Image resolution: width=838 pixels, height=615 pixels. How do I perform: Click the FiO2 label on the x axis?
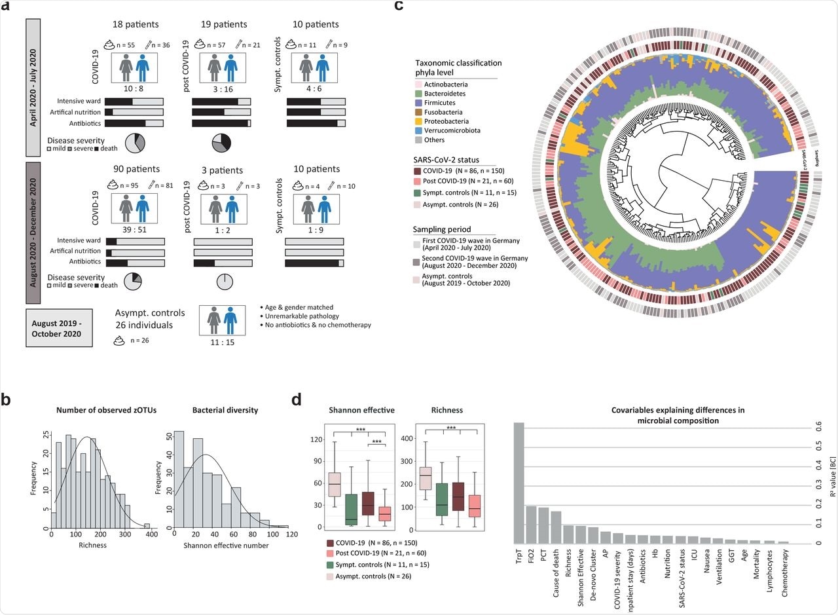click(532, 561)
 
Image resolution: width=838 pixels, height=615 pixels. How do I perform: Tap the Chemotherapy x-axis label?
click(784, 568)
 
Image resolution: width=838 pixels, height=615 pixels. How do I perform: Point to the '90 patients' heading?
click(136, 170)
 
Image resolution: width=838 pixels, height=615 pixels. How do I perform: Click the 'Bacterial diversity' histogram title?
click(225, 410)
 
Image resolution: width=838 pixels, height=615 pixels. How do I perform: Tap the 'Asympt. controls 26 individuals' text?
click(150, 318)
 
